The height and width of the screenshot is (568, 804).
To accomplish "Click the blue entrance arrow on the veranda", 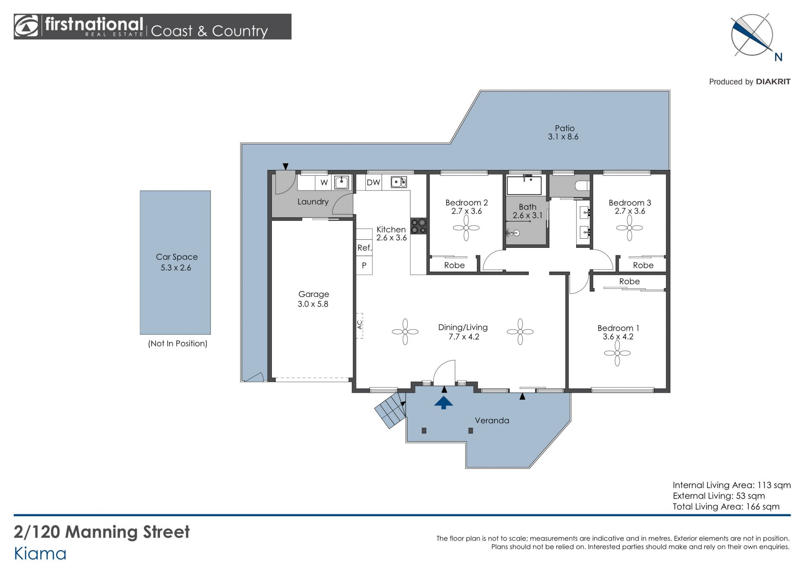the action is pyautogui.click(x=443, y=403).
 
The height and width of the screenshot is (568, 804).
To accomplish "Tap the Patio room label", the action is pyautogui.click(x=564, y=128).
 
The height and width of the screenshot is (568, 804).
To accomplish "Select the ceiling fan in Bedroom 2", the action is pyautogui.click(x=466, y=228).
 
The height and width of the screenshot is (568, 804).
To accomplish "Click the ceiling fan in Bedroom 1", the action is pyautogui.click(x=617, y=353).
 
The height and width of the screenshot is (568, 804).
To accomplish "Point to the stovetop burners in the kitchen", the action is pyautogui.click(x=418, y=226).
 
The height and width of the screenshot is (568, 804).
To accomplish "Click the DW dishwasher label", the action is pyautogui.click(x=373, y=182).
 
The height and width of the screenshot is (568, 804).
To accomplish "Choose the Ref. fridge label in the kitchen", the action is pyautogui.click(x=364, y=248).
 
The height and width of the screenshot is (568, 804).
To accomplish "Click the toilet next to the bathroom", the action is pyautogui.click(x=582, y=185).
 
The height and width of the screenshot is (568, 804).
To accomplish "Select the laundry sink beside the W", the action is pyautogui.click(x=342, y=182).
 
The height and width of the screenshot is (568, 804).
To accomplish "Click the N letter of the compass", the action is pyautogui.click(x=778, y=57).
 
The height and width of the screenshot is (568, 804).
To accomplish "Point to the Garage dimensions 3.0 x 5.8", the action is pyautogui.click(x=313, y=304).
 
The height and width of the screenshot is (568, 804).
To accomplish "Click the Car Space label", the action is pyautogui.click(x=177, y=257).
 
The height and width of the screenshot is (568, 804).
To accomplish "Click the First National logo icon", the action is pyautogui.click(x=26, y=26).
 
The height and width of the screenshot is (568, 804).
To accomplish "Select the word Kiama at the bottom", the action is pyautogui.click(x=40, y=554).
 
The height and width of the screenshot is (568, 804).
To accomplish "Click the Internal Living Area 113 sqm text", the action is pyautogui.click(x=732, y=485).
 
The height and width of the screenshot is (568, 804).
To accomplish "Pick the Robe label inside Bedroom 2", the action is pyautogui.click(x=454, y=265).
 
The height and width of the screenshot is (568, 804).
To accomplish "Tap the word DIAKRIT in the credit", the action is pyautogui.click(x=773, y=82).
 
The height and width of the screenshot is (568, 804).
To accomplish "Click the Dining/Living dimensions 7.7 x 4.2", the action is pyautogui.click(x=464, y=337).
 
